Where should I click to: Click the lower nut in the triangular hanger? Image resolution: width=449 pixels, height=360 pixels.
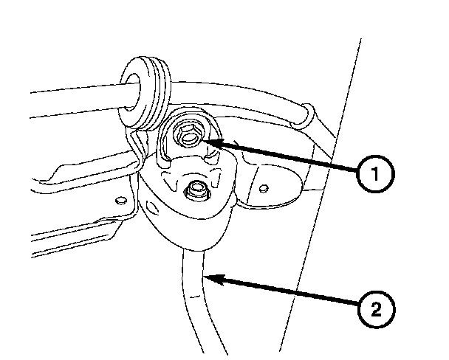(x=196, y=190)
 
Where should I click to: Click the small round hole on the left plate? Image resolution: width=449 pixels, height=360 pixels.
(x=119, y=198)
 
